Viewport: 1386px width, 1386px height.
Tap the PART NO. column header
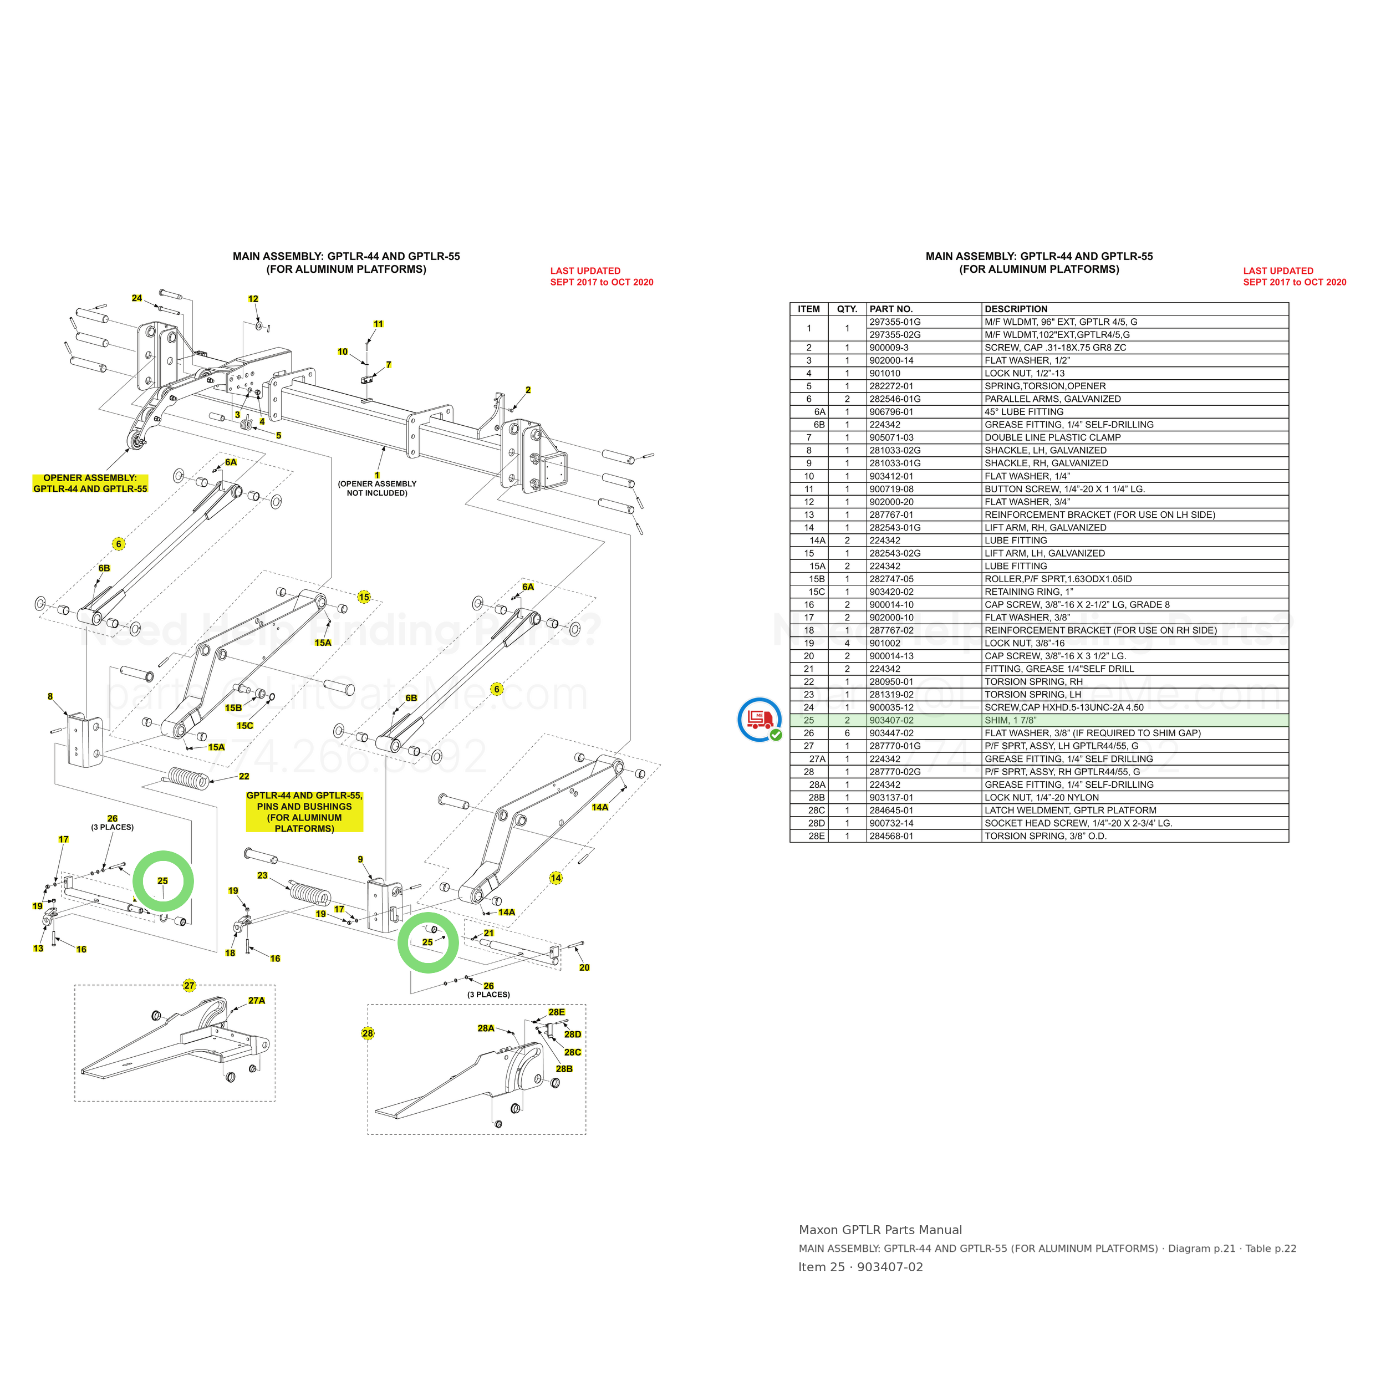[x=891, y=309]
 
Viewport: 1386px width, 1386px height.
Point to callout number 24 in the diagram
[x=137, y=298]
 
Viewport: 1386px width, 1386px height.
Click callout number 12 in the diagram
[x=253, y=299]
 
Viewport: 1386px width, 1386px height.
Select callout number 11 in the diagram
[x=379, y=324]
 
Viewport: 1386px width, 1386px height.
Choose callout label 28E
[x=557, y=1012]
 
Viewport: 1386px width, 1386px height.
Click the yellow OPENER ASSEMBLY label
[x=90, y=483]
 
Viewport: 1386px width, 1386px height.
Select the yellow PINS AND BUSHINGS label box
[x=305, y=812]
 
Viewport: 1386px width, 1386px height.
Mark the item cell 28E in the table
[x=817, y=836]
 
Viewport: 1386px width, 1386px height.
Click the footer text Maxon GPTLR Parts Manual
[x=880, y=1230]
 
